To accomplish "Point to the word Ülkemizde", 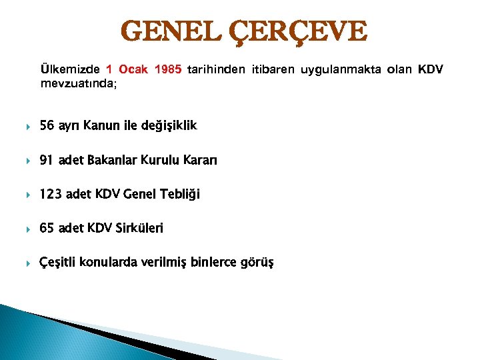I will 70,69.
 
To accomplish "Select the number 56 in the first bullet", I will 47,125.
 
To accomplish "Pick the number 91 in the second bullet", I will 47,160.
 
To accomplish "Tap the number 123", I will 50,195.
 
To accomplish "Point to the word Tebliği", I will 177,195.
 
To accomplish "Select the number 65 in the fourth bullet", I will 47,228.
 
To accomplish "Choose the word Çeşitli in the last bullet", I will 58,262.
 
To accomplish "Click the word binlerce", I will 213,262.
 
